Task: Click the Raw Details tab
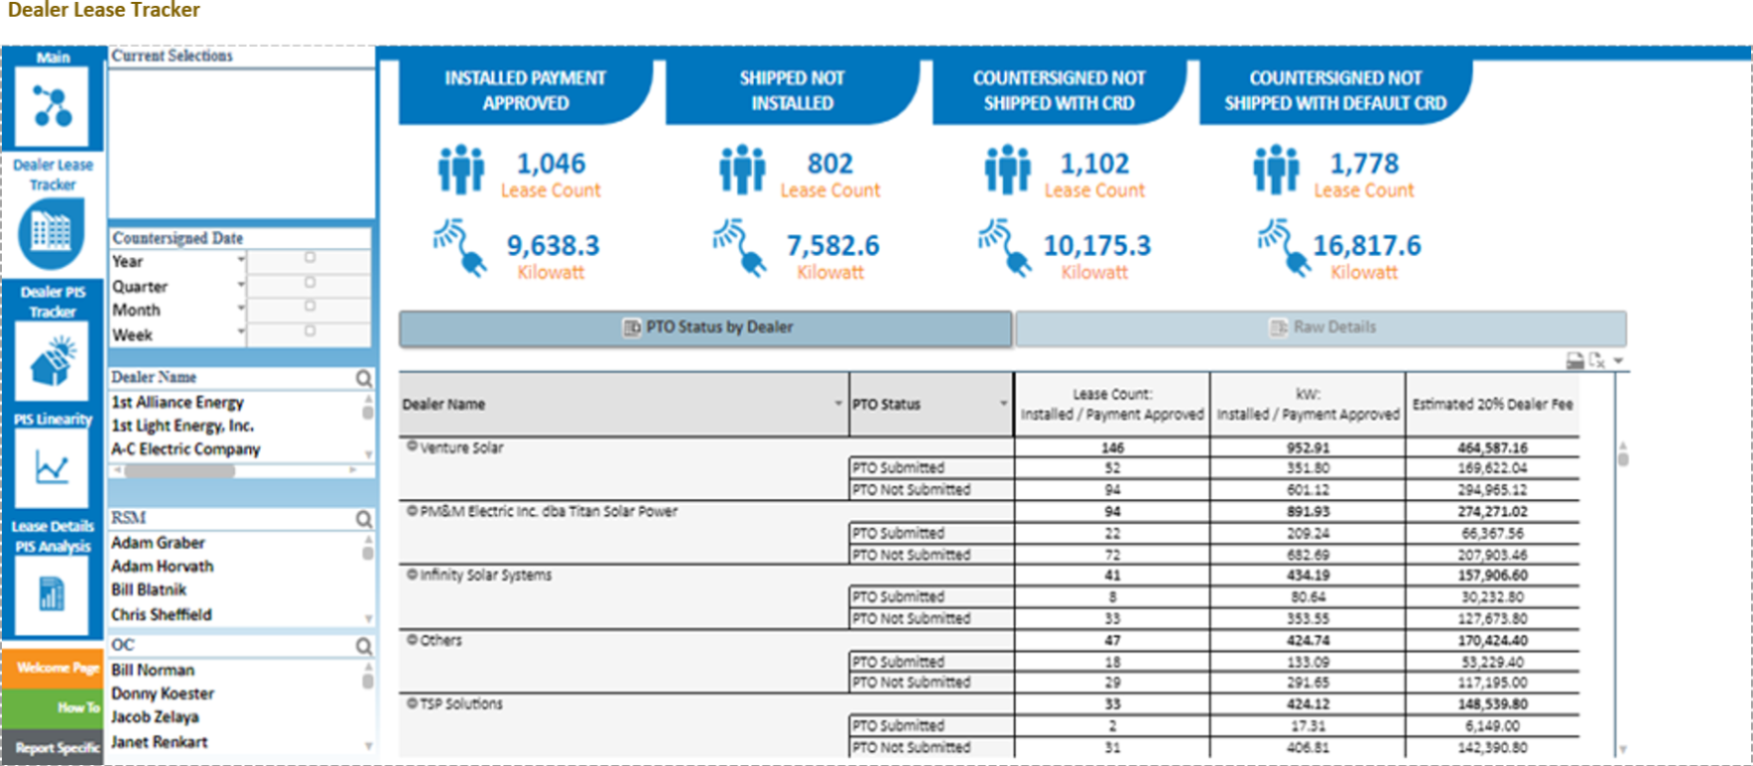pos(1321,328)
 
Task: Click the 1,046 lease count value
pos(551,163)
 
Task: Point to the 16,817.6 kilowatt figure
pos(1367,245)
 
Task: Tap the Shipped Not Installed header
pos(792,91)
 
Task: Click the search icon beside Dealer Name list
pos(364,379)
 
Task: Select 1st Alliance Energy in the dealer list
pos(177,402)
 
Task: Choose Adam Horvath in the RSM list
pos(162,566)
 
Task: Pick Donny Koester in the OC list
pos(162,693)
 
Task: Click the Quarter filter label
pos(139,286)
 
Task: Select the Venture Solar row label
pos(461,448)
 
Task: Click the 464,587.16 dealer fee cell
pos(1492,448)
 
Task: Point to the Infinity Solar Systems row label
pos(485,575)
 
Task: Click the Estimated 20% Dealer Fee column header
pos(1492,404)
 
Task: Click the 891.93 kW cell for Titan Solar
pos(1308,511)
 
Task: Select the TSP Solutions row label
pos(461,703)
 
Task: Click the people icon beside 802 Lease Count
pos(742,169)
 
